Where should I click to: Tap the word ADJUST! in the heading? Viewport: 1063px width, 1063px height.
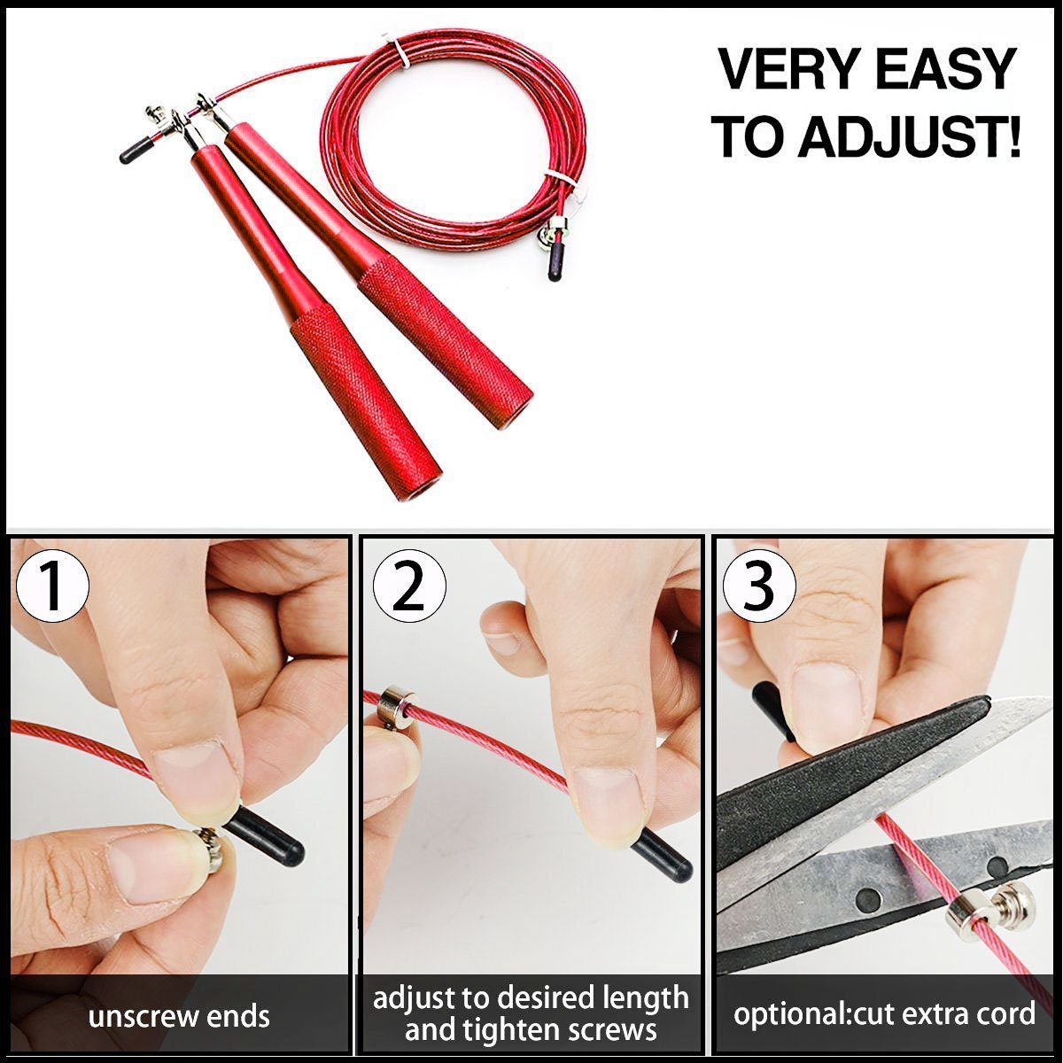[910, 137]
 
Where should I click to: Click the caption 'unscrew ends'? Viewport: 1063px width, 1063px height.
[179, 1016]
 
